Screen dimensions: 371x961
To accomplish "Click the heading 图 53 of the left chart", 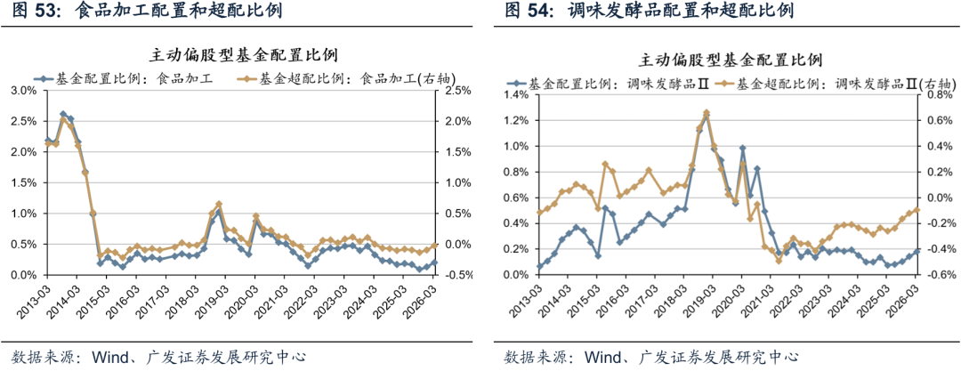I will tap(32, 12).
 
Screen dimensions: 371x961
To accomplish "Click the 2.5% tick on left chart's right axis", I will tap(456, 91).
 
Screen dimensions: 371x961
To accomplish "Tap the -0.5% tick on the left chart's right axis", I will tap(456, 275).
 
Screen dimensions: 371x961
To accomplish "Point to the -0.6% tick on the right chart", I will tap(941, 275).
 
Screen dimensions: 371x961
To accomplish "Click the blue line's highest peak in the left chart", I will tap(63, 114).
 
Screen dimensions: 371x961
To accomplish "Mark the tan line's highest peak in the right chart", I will tap(706, 113).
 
